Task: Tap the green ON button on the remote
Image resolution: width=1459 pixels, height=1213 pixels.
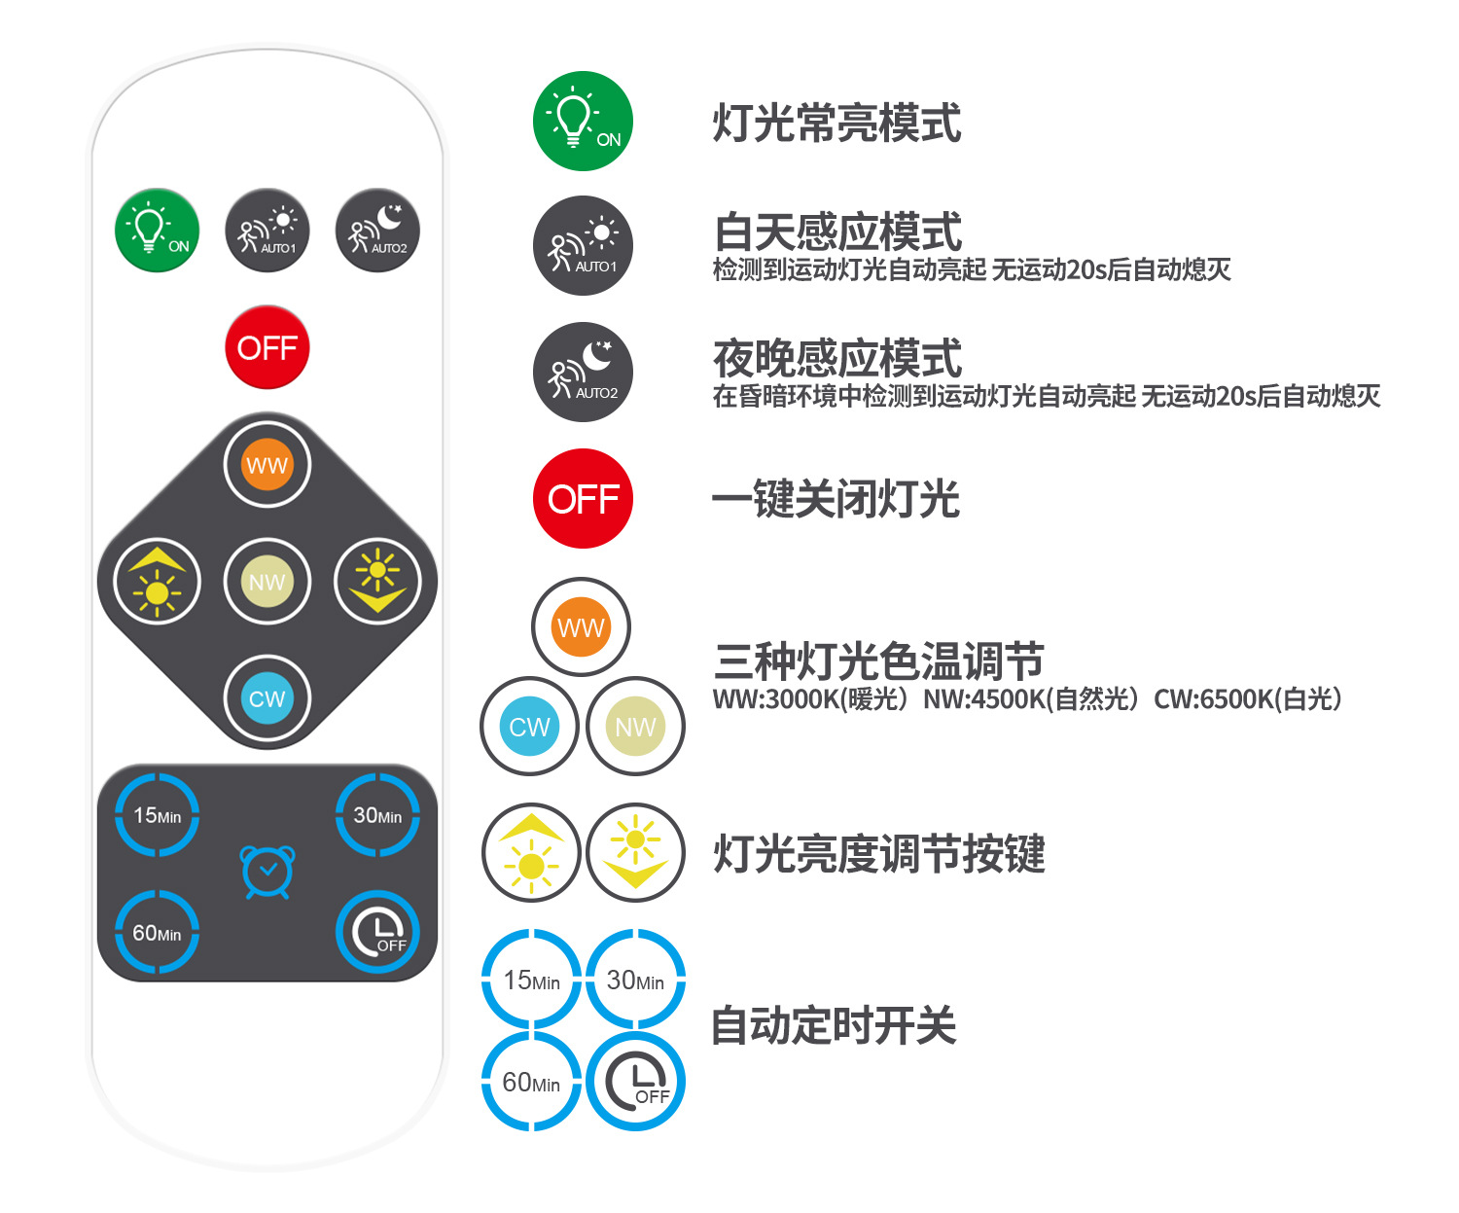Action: pos(158,231)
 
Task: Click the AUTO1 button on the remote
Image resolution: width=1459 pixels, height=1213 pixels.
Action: pos(267,231)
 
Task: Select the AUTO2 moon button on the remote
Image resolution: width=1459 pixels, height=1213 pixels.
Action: pos(377,231)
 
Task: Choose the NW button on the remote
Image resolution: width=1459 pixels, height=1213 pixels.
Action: pos(267,582)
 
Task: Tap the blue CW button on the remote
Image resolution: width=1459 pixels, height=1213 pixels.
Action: pos(267,698)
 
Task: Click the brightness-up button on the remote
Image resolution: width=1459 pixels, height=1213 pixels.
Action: pos(158,582)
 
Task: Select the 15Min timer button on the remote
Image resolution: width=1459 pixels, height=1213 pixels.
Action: pos(158,815)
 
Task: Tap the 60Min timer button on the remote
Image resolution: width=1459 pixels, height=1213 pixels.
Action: pos(158,933)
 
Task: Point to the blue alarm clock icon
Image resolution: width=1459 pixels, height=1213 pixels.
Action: pos(267,872)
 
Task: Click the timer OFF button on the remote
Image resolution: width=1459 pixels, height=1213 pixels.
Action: pos(377,933)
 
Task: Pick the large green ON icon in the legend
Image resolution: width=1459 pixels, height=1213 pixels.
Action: pos(583,121)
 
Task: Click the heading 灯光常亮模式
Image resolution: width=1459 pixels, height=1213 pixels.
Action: pos(836,124)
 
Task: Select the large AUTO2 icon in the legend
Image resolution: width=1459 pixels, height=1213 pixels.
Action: pos(583,373)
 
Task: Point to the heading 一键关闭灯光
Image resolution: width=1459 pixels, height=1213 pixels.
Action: pos(836,500)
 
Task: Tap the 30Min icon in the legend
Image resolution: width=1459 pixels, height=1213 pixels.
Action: pos(635,980)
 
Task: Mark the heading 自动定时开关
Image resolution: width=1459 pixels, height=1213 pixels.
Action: pos(834,1026)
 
